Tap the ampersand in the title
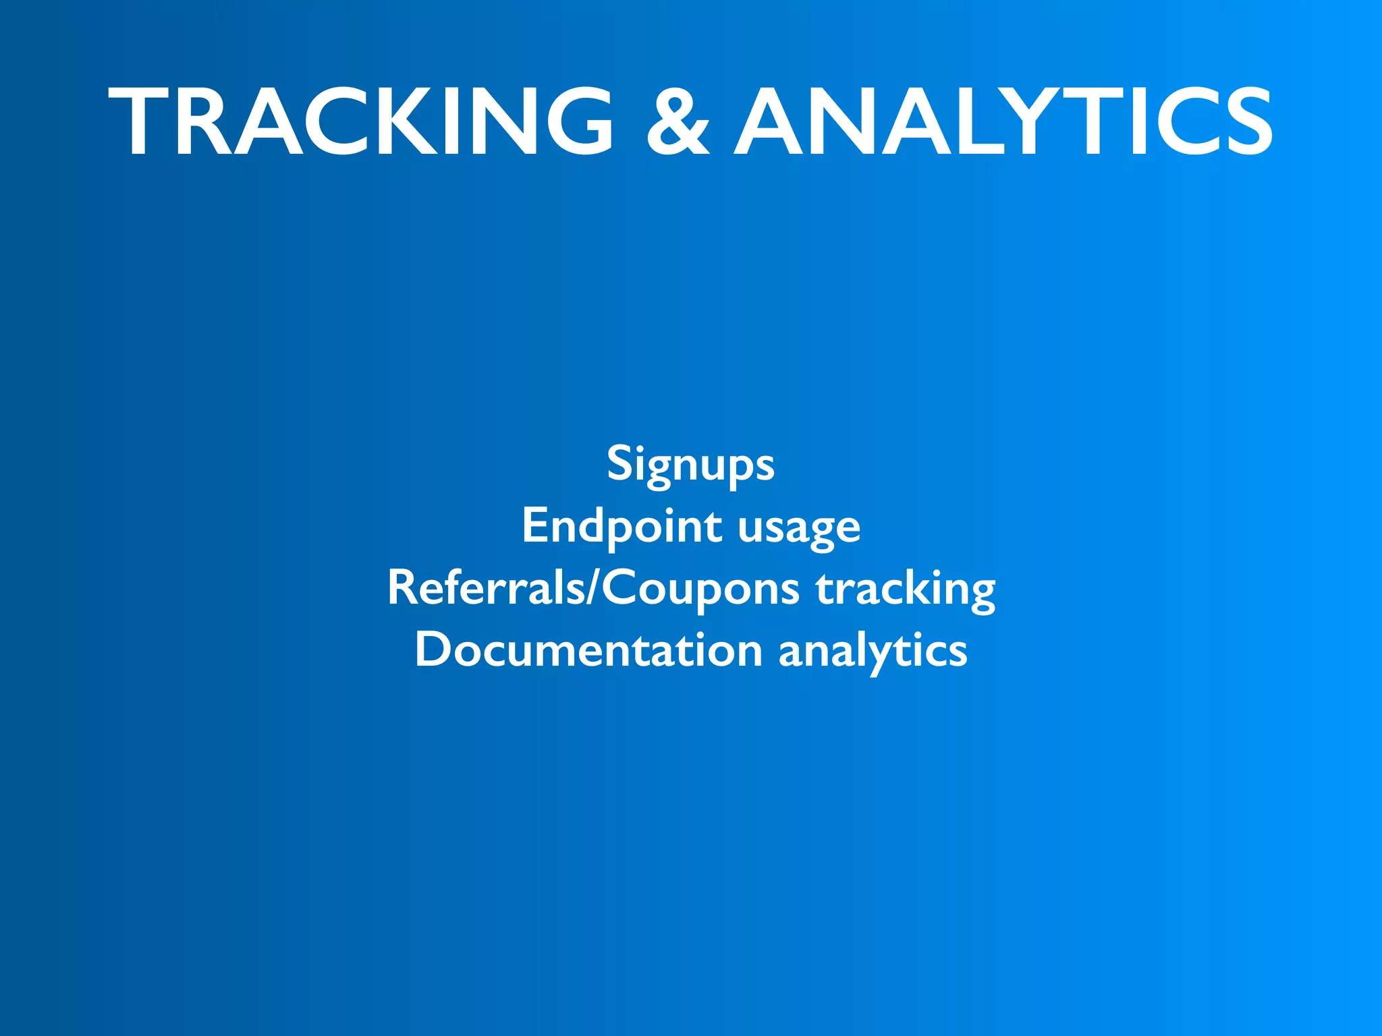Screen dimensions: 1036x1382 tap(678, 122)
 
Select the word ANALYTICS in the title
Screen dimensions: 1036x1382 tap(1003, 122)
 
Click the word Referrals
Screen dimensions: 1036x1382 tap(486, 587)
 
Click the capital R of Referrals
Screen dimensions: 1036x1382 tap(403, 587)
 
